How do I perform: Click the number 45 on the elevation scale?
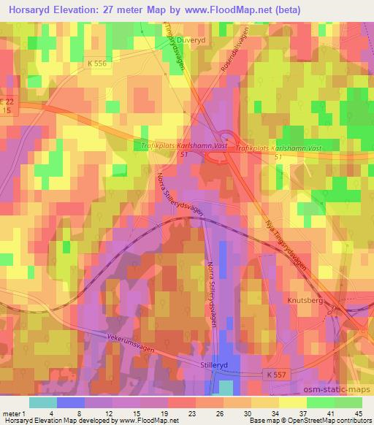coord(357,414)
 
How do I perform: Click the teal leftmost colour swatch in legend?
coord(42,402)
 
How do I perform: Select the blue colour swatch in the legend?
coord(71,402)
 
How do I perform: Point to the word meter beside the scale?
coord(12,414)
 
